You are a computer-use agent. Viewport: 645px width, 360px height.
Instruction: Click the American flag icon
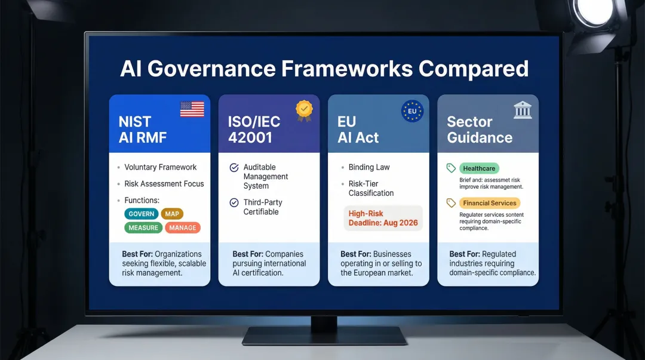tap(192, 109)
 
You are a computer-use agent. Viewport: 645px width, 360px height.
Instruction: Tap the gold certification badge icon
tap(304, 110)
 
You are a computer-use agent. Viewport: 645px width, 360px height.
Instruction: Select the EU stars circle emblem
tap(412, 111)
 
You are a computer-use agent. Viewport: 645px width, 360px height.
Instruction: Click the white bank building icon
tap(523, 110)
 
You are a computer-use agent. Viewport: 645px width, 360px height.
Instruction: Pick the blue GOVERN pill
tap(142, 214)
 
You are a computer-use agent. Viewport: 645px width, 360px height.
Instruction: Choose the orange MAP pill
tap(172, 214)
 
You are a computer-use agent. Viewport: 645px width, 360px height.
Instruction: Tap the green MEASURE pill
tap(143, 227)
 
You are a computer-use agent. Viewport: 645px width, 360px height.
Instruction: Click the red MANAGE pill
tap(183, 227)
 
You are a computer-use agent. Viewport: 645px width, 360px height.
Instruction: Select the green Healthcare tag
tap(479, 168)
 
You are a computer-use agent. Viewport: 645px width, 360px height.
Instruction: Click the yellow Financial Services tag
tap(489, 203)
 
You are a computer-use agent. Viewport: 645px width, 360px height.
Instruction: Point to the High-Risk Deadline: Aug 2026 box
tap(383, 218)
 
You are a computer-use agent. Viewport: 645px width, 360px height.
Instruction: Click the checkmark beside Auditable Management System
tap(234, 168)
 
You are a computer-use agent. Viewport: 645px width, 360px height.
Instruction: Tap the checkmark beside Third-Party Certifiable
tap(234, 203)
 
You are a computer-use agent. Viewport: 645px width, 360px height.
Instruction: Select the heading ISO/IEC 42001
tap(254, 130)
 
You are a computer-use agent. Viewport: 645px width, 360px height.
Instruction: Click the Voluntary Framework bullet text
tap(160, 167)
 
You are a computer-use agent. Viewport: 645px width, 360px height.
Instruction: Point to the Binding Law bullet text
tap(369, 167)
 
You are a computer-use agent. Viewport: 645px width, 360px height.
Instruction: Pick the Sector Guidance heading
tap(480, 130)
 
